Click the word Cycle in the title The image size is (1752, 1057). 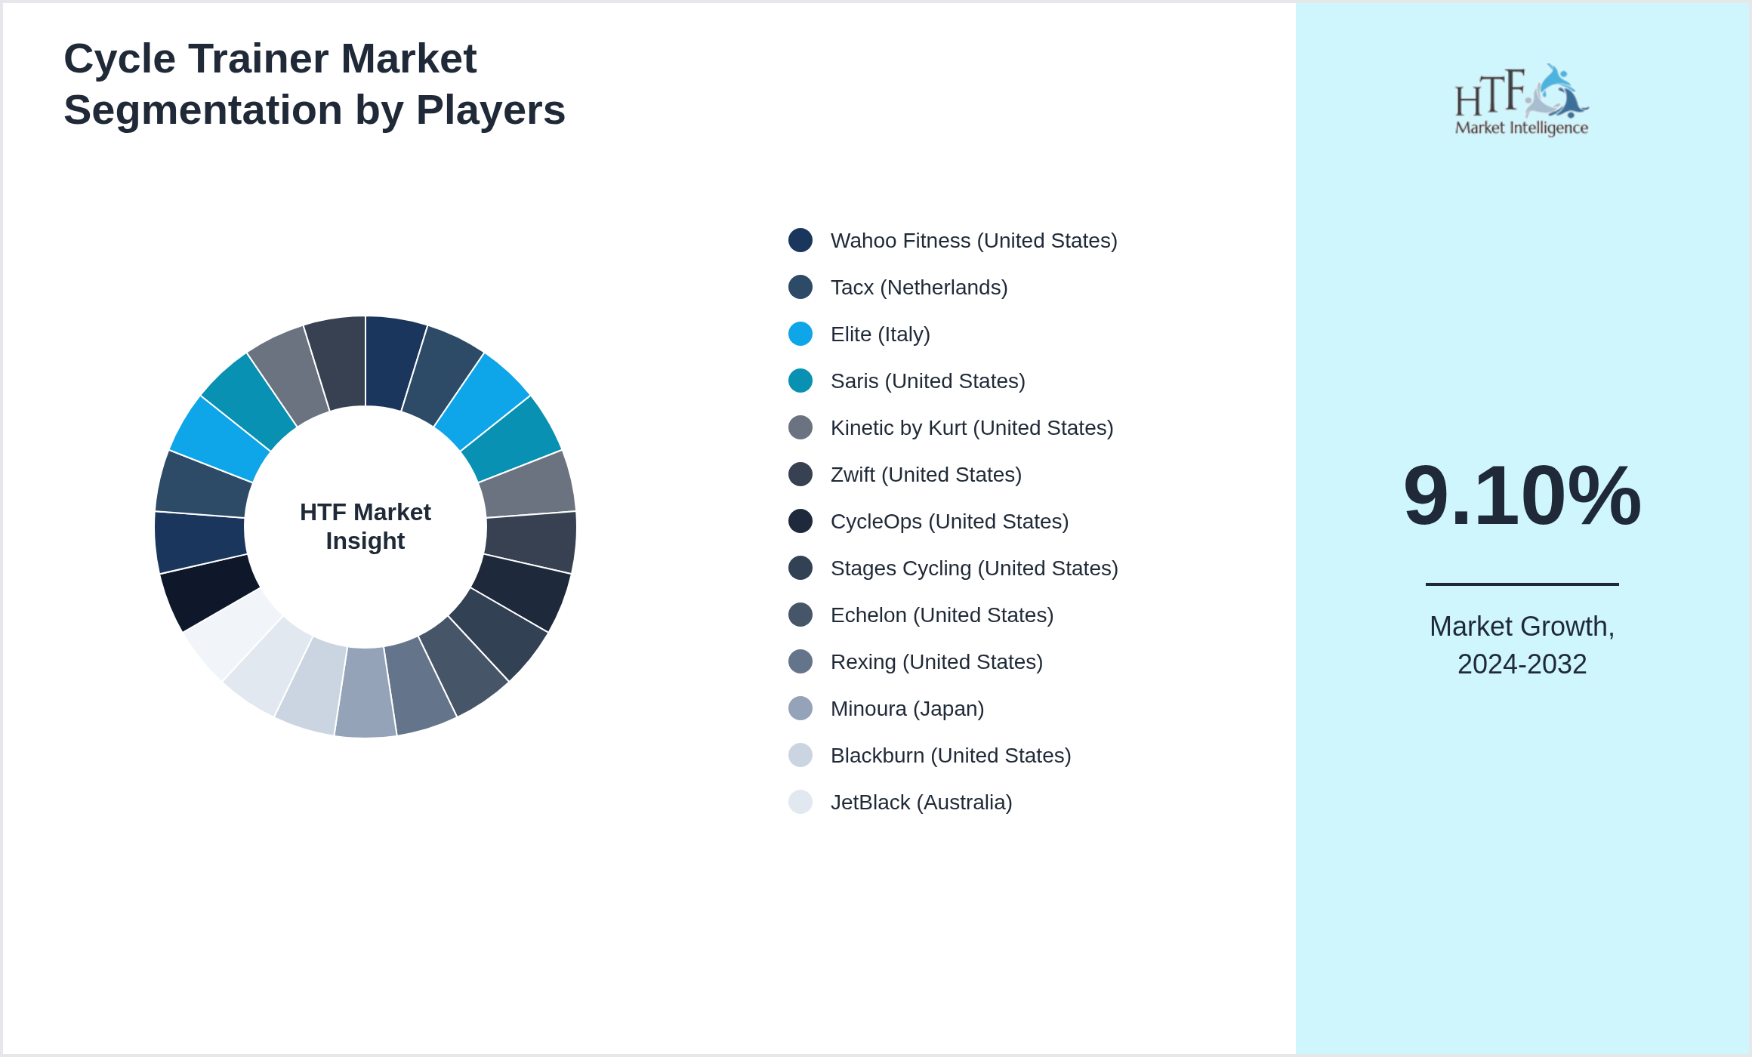point(120,59)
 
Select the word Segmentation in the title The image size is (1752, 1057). point(203,110)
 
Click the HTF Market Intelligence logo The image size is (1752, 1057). point(1521,100)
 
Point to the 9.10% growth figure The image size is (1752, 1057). point(1522,496)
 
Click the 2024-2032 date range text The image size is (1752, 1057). point(1522,664)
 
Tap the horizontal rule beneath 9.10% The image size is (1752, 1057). point(1522,584)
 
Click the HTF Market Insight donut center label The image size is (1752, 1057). point(366,526)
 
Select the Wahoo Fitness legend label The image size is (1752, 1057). point(973,241)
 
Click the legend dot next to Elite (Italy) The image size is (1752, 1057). point(800,334)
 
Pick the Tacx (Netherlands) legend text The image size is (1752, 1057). point(919,288)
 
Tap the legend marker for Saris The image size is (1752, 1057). point(800,381)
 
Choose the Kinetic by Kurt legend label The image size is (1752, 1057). point(972,428)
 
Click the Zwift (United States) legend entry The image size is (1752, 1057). point(926,475)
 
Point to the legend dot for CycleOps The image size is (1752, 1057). point(800,521)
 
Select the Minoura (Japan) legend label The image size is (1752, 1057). point(907,709)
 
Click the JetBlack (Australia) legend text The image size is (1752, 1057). point(921,803)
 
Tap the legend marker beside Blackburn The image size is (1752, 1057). point(800,755)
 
